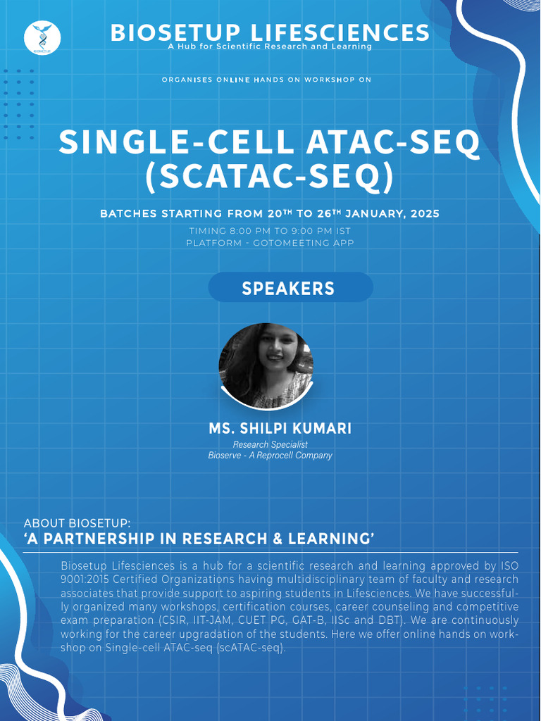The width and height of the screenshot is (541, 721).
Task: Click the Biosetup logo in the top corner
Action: pyautogui.click(x=42, y=37)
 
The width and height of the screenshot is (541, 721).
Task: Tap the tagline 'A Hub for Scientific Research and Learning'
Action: pyautogui.click(x=270, y=46)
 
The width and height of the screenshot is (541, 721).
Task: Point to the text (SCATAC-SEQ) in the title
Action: pyautogui.click(x=269, y=177)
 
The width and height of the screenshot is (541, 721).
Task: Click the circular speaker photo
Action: pyautogui.click(x=266, y=365)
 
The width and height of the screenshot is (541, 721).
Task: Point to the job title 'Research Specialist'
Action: pyautogui.click(x=270, y=444)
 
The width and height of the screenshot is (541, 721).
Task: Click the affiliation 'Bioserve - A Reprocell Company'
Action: pyautogui.click(x=270, y=456)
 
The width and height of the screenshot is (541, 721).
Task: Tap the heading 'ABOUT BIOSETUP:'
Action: pyautogui.click(x=77, y=524)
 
